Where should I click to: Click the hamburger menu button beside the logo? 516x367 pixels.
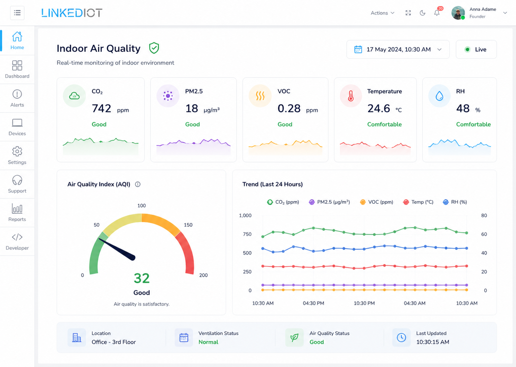click(17, 13)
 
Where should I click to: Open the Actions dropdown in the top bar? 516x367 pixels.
click(382, 13)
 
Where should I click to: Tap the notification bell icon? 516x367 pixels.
click(437, 13)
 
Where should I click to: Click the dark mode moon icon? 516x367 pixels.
click(422, 13)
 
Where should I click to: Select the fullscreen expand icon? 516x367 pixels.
click(408, 13)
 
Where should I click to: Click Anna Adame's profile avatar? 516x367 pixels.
click(458, 13)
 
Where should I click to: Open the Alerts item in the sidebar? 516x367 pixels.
click(17, 98)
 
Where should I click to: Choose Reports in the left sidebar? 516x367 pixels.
click(17, 213)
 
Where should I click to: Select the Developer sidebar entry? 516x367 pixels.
click(17, 241)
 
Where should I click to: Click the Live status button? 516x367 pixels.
click(476, 50)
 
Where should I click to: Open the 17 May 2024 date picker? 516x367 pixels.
click(398, 50)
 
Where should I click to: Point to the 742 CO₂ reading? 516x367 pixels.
click(102, 109)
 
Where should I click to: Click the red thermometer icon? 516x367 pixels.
click(351, 96)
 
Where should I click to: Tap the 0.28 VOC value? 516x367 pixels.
click(289, 109)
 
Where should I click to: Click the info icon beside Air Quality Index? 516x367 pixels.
click(138, 184)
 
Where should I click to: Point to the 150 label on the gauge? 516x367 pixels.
click(188, 225)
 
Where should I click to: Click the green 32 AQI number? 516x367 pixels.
click(142, 278)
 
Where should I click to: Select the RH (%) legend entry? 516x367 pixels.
click(455, 202)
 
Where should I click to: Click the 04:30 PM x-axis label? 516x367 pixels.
click(313, 303)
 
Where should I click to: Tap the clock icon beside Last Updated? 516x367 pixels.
click(401, 338)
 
